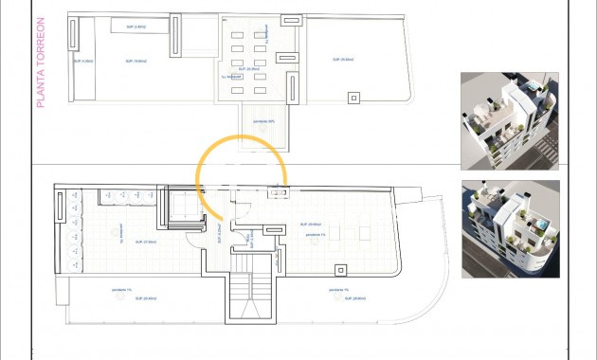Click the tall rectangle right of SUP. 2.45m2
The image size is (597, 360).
[174, 36]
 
